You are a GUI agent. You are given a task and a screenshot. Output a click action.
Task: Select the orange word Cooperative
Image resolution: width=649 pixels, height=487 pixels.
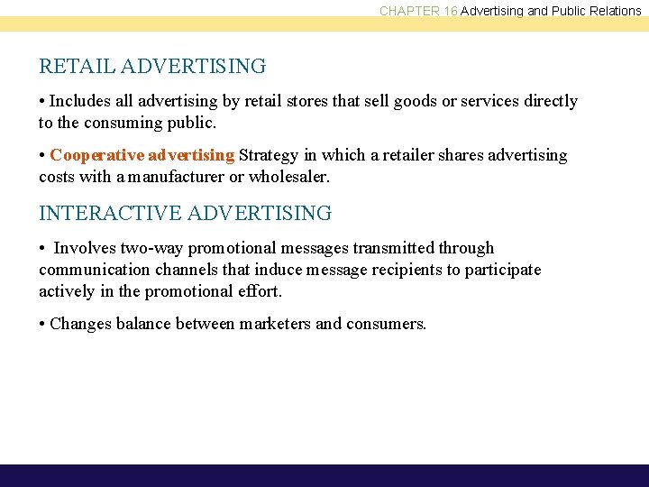(96, 155)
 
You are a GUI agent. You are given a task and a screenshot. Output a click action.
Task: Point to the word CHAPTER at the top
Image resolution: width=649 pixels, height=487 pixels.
(408, 11)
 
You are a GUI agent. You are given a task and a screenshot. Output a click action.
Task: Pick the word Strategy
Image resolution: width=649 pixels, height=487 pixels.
(267, 155)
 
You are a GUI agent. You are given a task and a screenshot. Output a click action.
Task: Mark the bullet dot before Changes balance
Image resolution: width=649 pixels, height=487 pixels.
(42, 324)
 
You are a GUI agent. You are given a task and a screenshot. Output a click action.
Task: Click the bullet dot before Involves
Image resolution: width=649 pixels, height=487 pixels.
(42, 248)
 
